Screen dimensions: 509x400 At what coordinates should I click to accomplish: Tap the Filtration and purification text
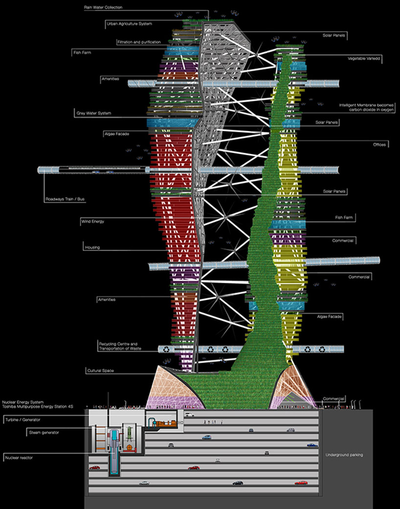pyautogui.click(x=139, y=42)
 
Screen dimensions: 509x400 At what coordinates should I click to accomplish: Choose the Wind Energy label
pyautogui.click(x=92, y=221)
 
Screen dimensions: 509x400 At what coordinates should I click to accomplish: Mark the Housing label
pyautogui.click(x=92, y=248)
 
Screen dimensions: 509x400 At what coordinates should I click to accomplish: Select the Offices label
pyautogui.click(x=379, y=145)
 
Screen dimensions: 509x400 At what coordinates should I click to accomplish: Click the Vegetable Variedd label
pyautogui.click(x=364, y=58)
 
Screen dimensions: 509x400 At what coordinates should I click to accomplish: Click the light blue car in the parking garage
pyautogui.click(x=207, y=437)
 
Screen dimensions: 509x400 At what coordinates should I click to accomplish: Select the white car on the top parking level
pyautogui.click(x=189, y=415)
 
